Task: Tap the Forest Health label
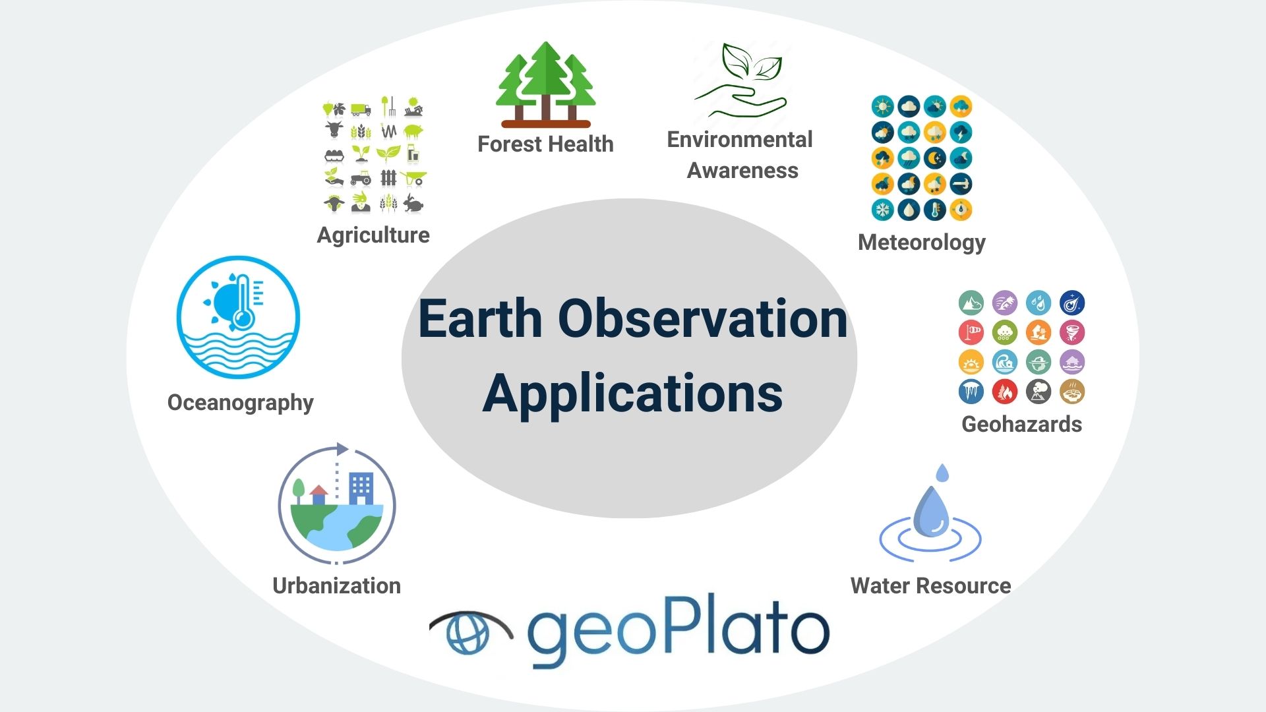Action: [545, 144]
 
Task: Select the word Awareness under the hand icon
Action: [742, 170]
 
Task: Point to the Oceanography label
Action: [241, 403]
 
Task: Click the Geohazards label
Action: [1021, 424]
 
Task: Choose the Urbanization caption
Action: [336, 585]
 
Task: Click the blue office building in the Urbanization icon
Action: [361, 489]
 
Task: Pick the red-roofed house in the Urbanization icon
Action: [318, 494]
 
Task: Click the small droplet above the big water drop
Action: [942, 473]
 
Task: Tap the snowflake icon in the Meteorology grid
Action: [882, 210]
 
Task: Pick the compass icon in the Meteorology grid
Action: [961, 210]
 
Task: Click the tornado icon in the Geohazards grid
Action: [1072, 332]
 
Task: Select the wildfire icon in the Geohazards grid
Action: [1005, 392]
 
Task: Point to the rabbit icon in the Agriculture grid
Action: [413, 203]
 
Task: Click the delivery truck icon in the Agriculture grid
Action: [361, 109]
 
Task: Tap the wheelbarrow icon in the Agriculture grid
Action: [414, 178]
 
